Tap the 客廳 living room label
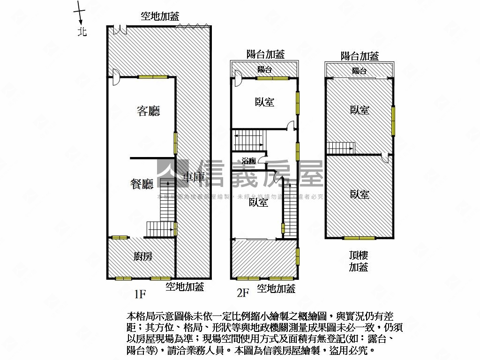(148, 111)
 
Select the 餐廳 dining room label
(142, 184)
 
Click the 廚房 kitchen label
(142, 256)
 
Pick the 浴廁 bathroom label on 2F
(248, 161)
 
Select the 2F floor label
(243, 293)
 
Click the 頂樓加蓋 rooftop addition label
(359, 261)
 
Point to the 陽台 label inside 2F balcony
(264, 69)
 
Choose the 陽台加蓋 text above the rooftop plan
(360, 56)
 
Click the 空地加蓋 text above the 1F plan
(160, 16)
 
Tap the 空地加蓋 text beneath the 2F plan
(276, 288)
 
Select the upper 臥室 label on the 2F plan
(265, 102)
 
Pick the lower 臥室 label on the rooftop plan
(360, 194)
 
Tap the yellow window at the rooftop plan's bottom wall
(359, 238)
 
